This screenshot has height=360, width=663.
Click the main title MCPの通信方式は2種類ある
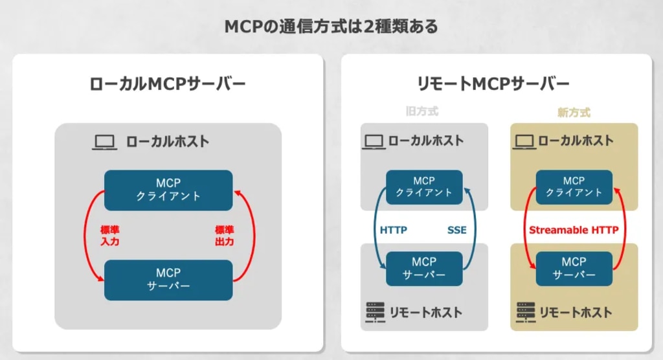pos(331,27)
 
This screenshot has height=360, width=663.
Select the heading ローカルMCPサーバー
pos(168,84)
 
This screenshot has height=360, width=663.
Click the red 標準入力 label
pos(110,236)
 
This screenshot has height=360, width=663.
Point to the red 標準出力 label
pos(225,236)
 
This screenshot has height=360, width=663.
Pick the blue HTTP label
pos(393,230)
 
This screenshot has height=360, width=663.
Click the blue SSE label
pos(456,230)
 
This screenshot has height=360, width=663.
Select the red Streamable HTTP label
pos(574,230)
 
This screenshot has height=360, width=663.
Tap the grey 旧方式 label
pos(421,112)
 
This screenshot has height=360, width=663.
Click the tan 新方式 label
pos(574,112)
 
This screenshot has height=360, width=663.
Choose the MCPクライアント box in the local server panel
pos(168,190)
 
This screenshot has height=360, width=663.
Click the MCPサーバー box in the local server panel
pos(168,280)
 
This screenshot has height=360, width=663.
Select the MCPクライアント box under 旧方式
pos(424,187)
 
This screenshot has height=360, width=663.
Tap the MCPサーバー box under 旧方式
pos(424,269)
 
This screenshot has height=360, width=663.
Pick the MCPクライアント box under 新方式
pos(574,187)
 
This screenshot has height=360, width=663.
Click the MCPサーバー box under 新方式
pos(574,269)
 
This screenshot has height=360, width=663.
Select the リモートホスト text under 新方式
pos(575,313)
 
